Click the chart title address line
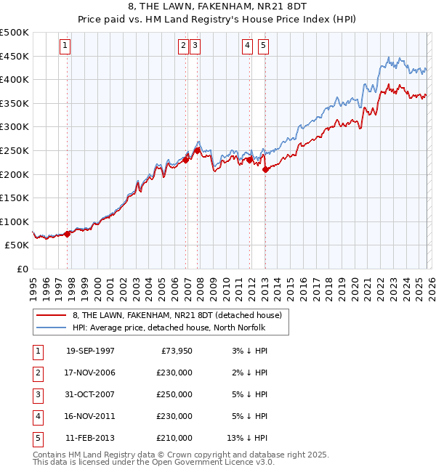pyautogui.click(x=217, y=8)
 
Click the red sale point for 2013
pyautogui.click(x=265, y=169)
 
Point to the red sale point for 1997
pyautogui.click(x=68, y=234)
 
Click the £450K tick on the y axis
pyautogui.click(x=15, y=56)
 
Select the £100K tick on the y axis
pyautogui.click(x=15, y=221)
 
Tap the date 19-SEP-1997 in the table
pyautogui.click(x=90, y=351)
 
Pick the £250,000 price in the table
pyautogui.click(x=174, y=394)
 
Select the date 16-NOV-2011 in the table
pyautogui.click(x=90, y=416)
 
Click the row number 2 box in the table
pyautogui.click(x=36, y=373)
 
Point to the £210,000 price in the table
pyautogui.click(x=174, y=438)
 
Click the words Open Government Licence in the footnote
pyautogui.click(x=212, y=462)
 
